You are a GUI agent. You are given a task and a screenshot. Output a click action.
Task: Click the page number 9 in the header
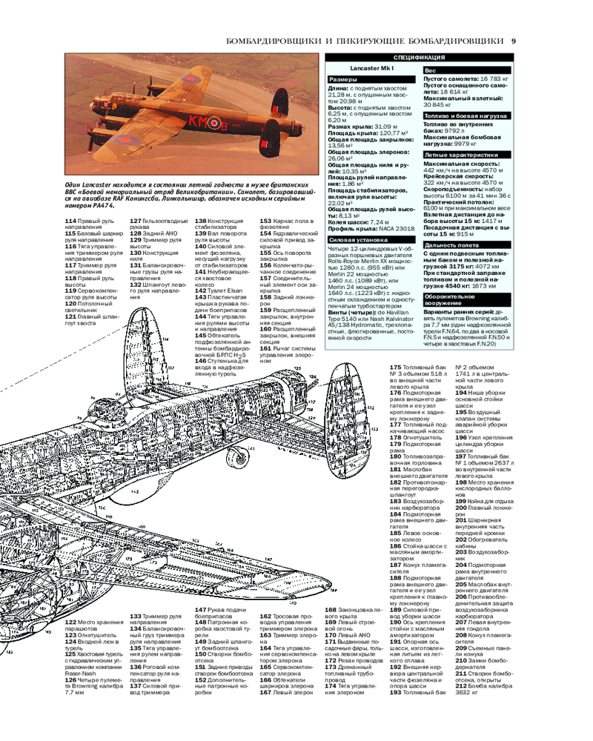pyautogui.click(x=514, y=41)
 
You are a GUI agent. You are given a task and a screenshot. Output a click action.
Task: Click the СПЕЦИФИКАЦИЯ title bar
pyautogui.click(x=419, y=57)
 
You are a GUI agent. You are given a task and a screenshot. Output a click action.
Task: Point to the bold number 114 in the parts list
pyautogui.click(x=70, y=221)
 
